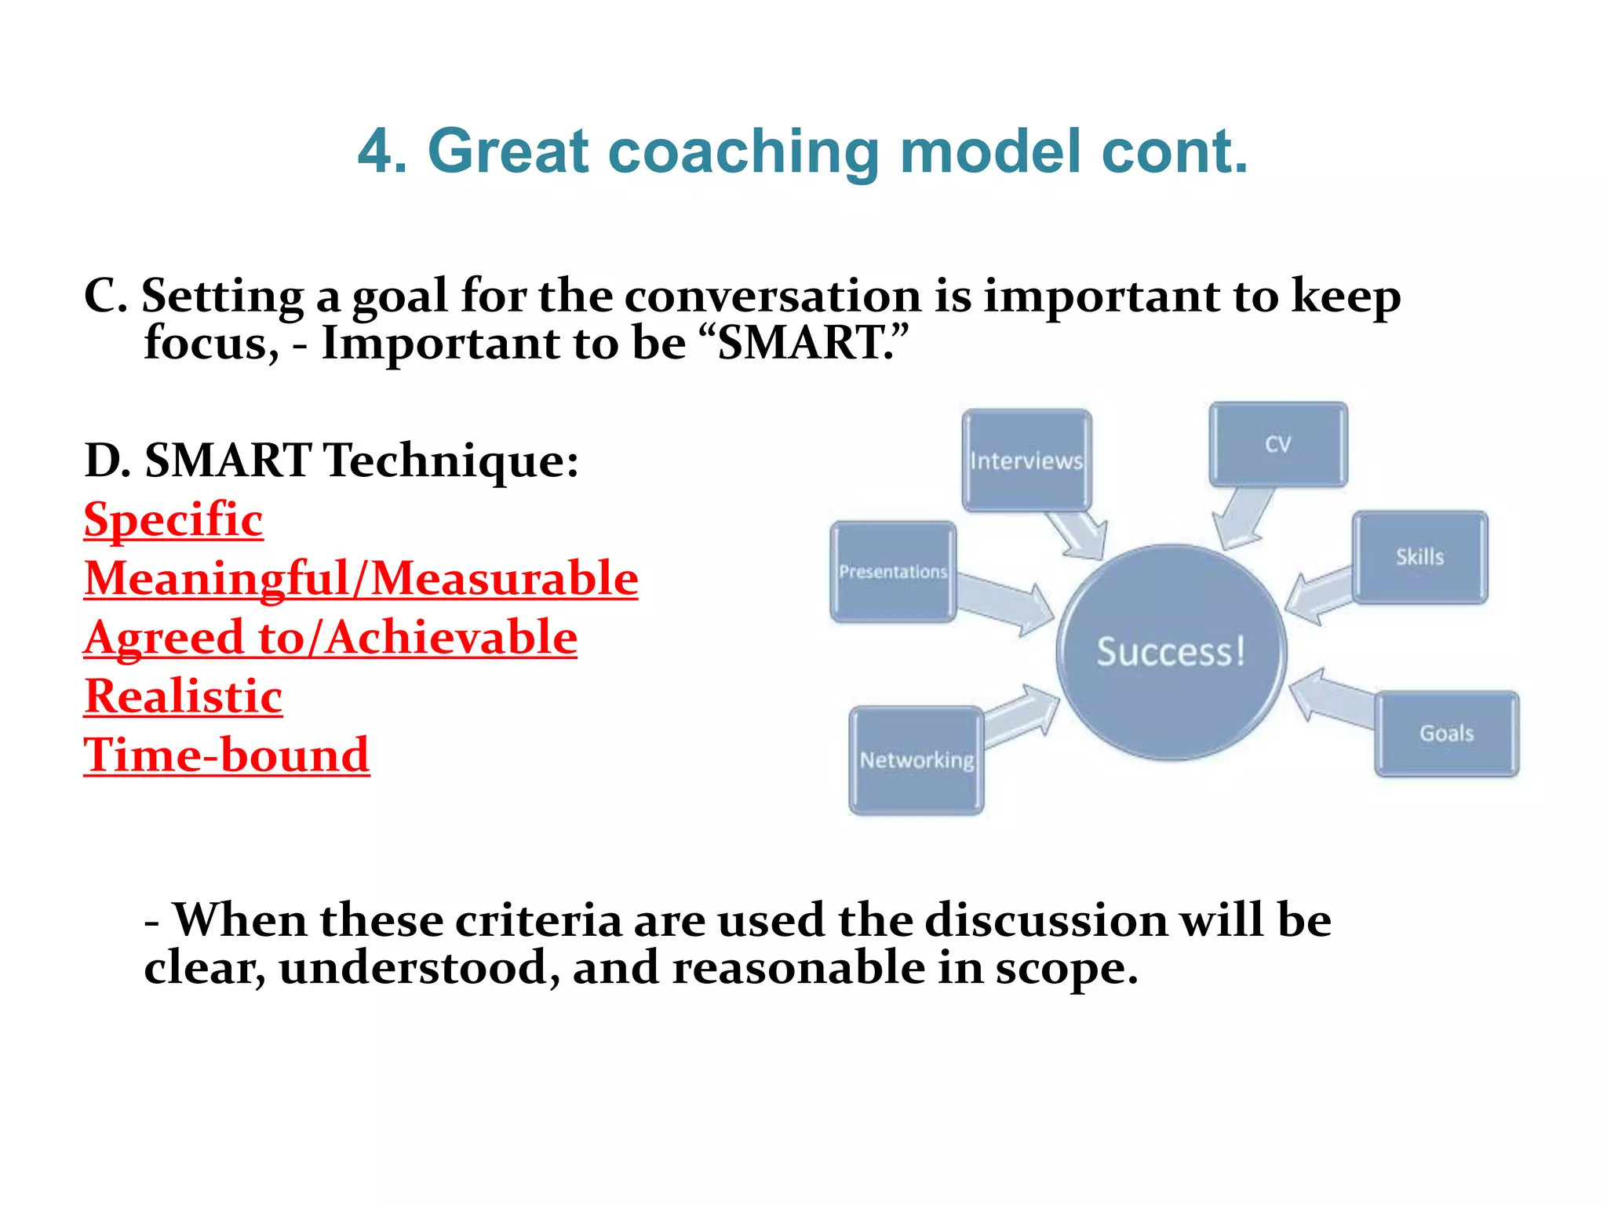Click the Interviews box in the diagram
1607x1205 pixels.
[1026, 460]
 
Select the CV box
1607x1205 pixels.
[1277, 444]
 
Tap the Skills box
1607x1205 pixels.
[1419, 557]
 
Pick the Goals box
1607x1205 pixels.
[1446, 734]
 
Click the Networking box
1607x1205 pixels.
[916, 759]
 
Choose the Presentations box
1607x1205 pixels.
[893, 572]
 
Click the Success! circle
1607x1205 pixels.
[1171, 651]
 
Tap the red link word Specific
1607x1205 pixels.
[173, 520]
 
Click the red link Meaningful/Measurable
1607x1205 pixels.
[361, 579]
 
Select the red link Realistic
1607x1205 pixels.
[183, 697]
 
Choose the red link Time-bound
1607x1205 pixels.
[226, 755]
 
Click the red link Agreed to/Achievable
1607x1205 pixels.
[330, 638]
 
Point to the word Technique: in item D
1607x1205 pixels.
[451, 461]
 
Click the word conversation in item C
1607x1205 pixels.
[772, 297]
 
